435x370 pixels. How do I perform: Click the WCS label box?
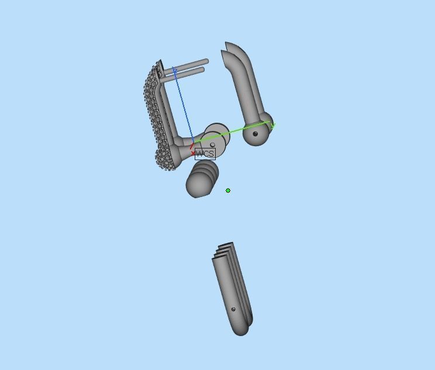coord(205,154)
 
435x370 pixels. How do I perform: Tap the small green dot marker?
coord(228,191)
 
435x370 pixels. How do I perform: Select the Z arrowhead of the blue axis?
coord(174,71)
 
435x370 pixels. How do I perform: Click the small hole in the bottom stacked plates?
coord(234,309)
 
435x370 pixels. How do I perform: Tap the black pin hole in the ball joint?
coord(256,134)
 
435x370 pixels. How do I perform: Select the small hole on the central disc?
coord(212,145)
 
